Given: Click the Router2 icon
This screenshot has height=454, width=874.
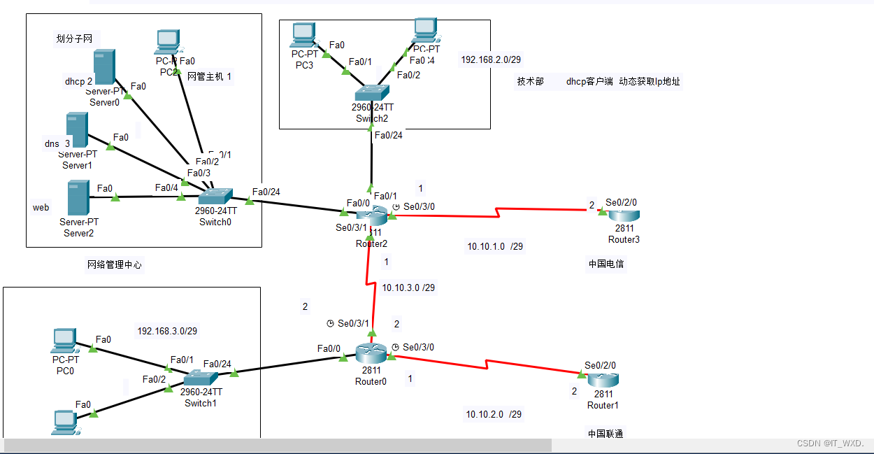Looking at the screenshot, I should (x=369, y=217).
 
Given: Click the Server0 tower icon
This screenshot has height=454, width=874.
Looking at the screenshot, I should (x=103, y=68).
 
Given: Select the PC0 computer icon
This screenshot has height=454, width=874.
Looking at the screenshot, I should (x=64, y=341).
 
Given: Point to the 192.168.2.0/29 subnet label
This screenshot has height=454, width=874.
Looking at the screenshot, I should (x=489, y=60).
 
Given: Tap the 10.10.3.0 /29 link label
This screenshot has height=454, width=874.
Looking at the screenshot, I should (x=408, y=288).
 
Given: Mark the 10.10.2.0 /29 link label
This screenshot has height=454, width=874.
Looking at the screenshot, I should (x=494, y=414).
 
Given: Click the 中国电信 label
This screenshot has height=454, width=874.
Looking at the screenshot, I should (x=606, y=264).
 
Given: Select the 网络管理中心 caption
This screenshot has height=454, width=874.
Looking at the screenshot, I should (x=114, y=264).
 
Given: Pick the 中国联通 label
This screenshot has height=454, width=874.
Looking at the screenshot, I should (x=606, y=434).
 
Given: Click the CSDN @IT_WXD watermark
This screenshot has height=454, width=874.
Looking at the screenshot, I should (x=830, y=444).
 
